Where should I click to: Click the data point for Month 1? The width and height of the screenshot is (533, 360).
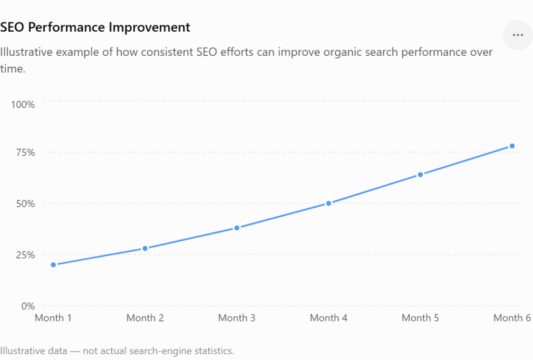click(54, 265)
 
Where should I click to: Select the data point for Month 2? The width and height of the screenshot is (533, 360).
click(145, 249)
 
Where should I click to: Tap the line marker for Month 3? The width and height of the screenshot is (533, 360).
click(237, 228)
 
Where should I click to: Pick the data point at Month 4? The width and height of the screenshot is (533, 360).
click(329, 203)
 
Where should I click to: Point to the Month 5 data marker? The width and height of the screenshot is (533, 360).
click(421, 175)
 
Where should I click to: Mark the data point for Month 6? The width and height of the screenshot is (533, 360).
click(512, 146)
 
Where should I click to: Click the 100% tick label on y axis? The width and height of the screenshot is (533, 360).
click(23, 105)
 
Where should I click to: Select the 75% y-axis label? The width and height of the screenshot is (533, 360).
click(26, 153)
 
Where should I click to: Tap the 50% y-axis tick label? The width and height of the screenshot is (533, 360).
click(26, 204)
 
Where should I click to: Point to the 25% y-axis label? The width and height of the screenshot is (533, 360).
click(26, 255)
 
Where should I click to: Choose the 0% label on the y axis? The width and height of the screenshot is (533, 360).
click(28, 306)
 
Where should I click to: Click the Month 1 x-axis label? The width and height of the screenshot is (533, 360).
click(54, 318)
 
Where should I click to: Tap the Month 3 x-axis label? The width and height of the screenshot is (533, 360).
click(237, 318)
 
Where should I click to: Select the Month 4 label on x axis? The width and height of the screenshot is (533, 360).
click(329, 318)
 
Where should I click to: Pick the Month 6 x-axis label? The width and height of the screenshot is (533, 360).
click(512, 318)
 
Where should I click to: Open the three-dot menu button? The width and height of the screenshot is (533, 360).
click(518, 35)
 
